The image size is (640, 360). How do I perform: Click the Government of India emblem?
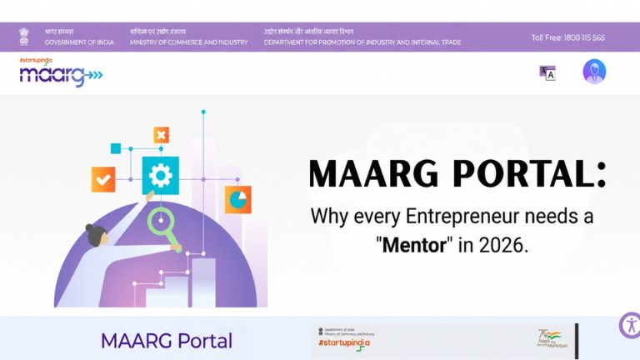[24, 37]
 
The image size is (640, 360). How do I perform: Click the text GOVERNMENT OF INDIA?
[79, 42]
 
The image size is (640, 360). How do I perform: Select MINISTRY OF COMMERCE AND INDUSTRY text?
[188, 42]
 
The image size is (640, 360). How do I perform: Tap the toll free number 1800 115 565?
[568, 37]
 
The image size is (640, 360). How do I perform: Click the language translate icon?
[547, 72]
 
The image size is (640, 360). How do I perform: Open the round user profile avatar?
[594, 72]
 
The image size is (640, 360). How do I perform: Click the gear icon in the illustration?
[160, 175]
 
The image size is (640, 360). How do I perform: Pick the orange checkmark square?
[103, 179]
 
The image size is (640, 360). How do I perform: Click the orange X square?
[161, 135]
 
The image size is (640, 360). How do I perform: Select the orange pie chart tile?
[237, 200]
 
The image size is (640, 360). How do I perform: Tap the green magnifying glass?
[160, 223]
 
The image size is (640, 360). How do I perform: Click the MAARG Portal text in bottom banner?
[167, 341]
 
